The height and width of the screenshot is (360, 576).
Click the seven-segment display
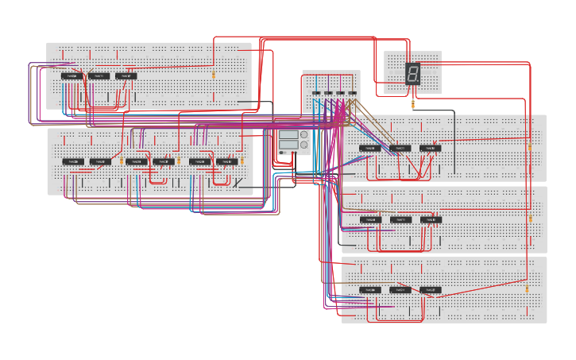point(412,74)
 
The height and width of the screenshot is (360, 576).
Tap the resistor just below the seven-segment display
point(413,103)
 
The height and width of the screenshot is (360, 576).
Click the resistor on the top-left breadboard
point(213,75)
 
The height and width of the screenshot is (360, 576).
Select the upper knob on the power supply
point(304,135)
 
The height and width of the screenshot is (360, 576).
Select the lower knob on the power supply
point(304,145)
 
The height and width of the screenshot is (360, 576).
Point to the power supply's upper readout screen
point(288,135)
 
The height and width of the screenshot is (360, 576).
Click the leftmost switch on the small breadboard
point(316,93)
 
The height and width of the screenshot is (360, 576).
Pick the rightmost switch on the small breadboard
point(352,93)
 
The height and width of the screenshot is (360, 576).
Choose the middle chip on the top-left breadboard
point(99,76)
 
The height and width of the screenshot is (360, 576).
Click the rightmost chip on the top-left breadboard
point(126,76)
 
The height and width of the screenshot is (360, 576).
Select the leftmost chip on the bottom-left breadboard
point(73,161)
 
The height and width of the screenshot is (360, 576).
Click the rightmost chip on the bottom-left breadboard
point(226,161)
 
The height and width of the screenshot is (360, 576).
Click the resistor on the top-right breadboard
point(530,147)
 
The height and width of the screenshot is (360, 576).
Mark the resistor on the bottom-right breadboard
point(526,288)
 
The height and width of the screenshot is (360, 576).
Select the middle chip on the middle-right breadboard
point(400,219)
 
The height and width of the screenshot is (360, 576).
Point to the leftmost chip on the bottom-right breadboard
point(369,290)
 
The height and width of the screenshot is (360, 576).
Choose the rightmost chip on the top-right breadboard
point(430,149)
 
